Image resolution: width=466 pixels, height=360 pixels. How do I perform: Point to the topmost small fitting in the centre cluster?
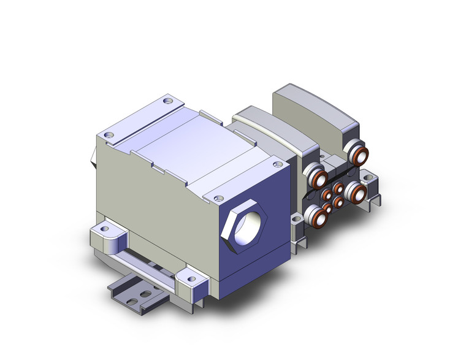(x=338, y=186)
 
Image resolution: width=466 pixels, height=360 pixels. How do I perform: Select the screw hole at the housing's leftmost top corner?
(x=109, y=134)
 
